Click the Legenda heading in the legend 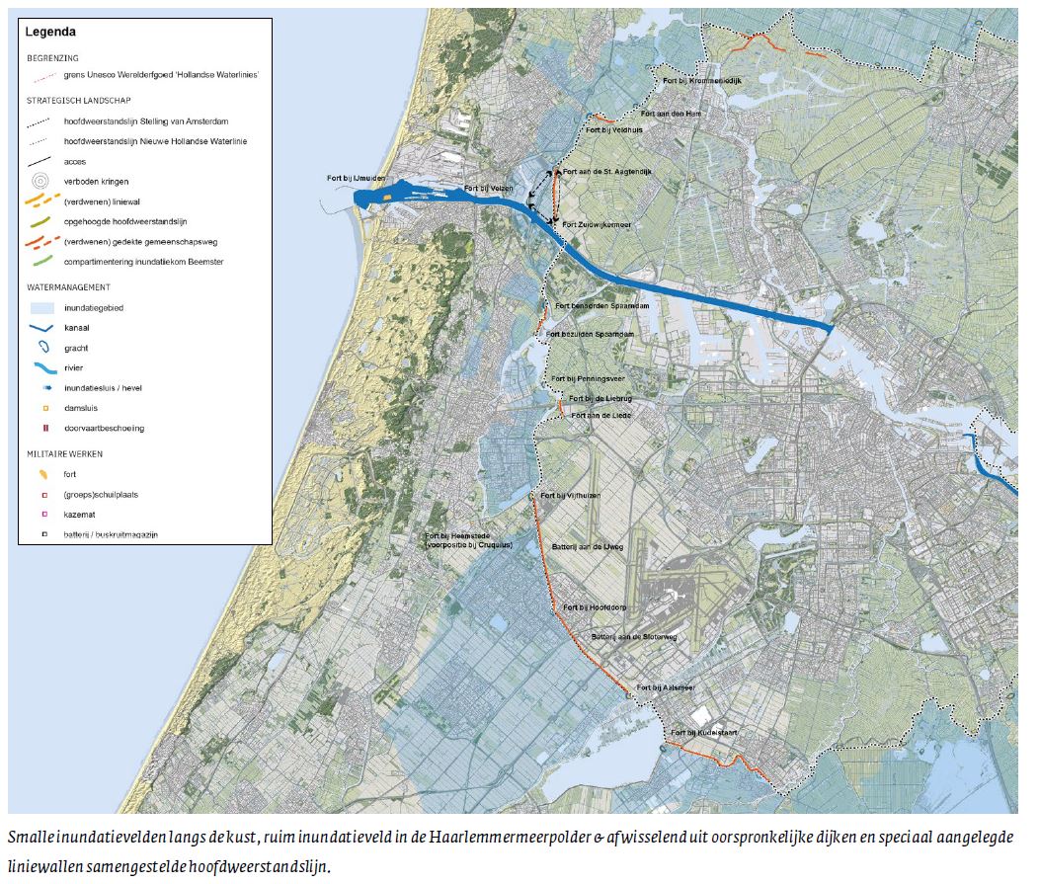pos(50,32)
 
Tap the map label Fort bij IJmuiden pos(354,178)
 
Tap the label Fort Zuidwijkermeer pos(597,225)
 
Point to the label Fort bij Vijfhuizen pos(570,495)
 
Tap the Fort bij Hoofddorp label pos(596,607)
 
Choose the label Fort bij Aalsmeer pos(666,687)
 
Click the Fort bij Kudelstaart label pos(704,733)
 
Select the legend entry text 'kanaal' pos(78,328)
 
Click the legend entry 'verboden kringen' pos(96,182)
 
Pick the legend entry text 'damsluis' pos(81,408)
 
